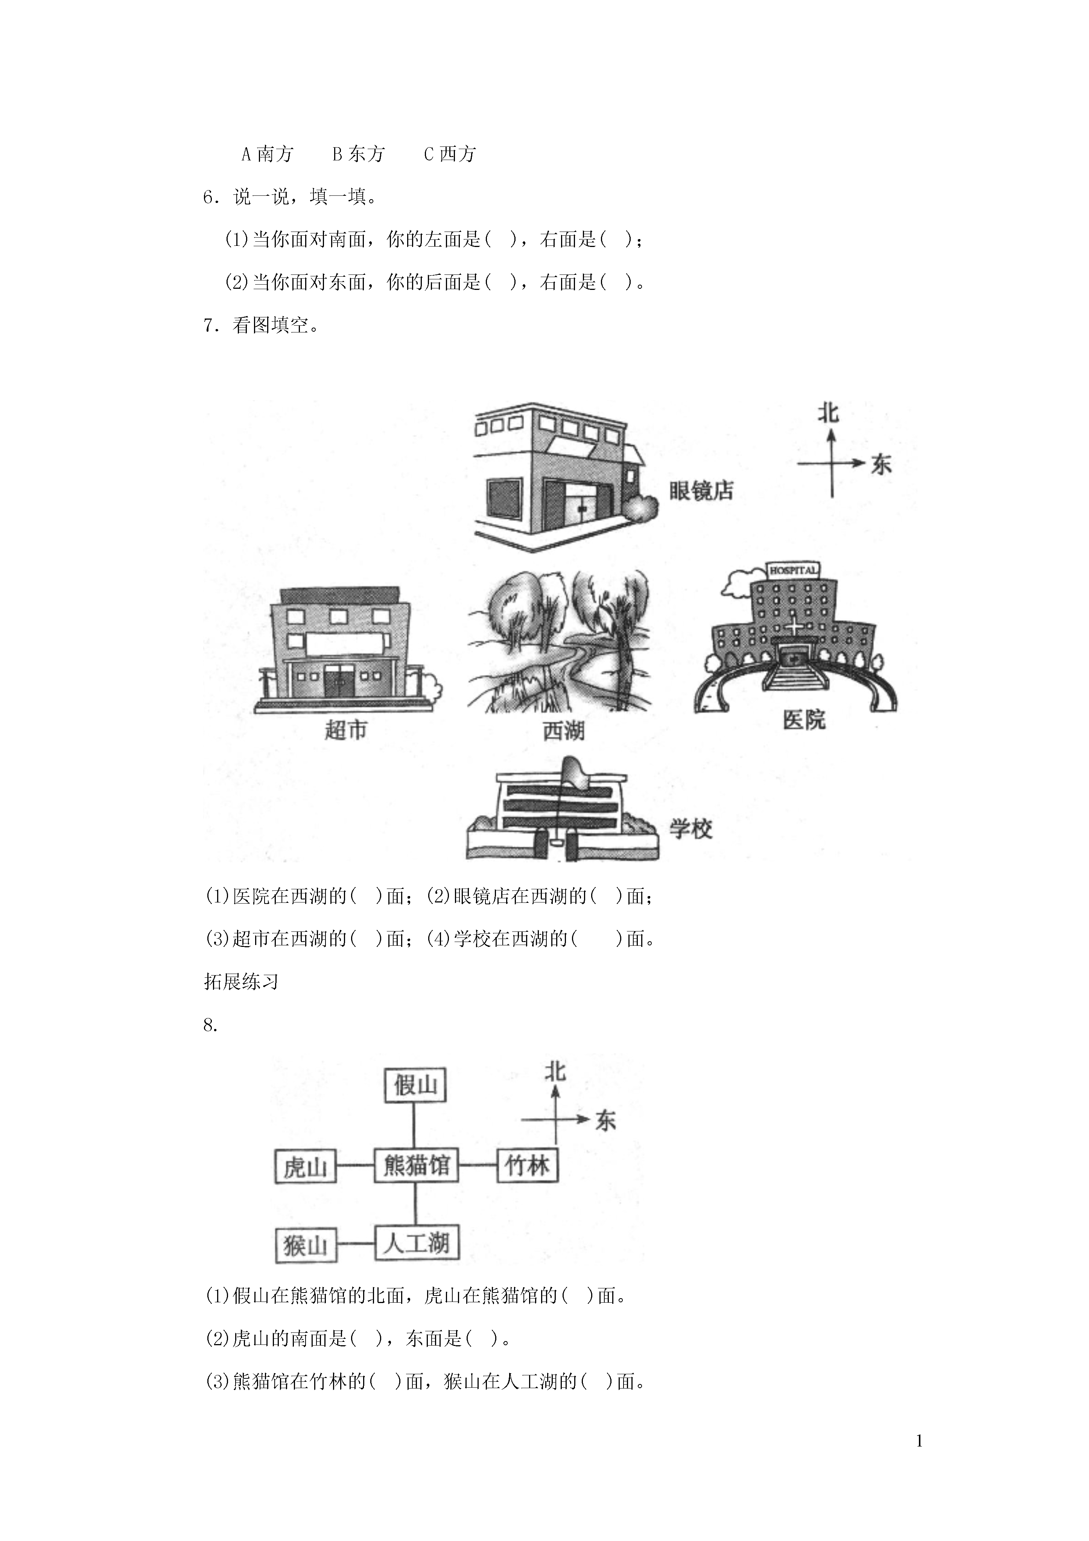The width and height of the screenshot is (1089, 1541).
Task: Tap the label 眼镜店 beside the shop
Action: pos(701,491)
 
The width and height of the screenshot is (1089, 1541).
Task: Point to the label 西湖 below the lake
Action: pos(564,730)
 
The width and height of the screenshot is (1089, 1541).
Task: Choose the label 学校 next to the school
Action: pos(691,829)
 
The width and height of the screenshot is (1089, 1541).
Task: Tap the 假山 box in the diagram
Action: pos(415,1085)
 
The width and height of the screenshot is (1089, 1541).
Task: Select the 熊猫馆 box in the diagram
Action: pos(416,1165)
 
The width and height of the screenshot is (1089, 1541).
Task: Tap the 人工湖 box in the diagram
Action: pos(416,1244)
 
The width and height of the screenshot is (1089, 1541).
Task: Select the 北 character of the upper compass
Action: pos(828,412)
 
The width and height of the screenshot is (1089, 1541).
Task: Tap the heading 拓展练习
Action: pos(241,982)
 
